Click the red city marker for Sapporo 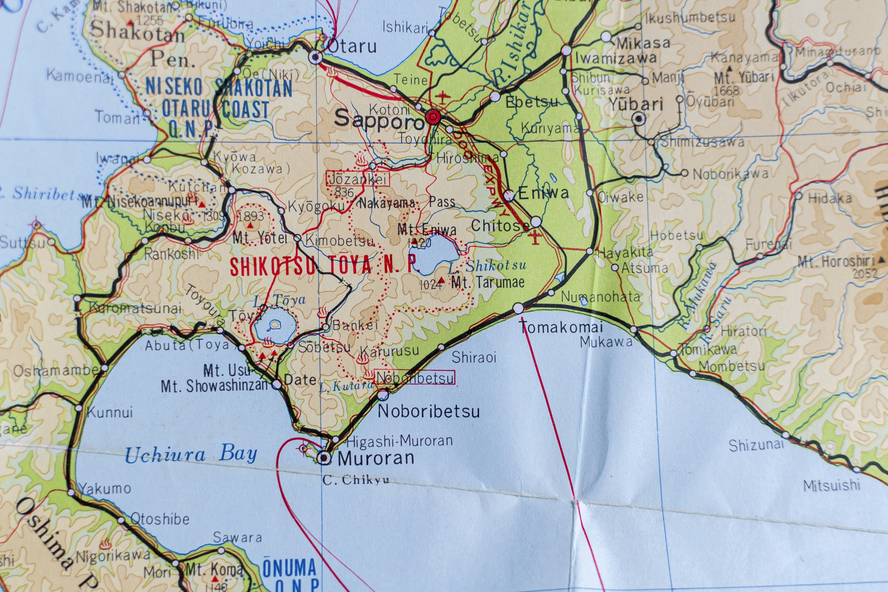433,117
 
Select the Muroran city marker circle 324,458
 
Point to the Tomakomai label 561,327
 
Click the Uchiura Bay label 191,454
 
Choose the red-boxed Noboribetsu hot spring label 415,377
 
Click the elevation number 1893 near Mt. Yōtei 251,216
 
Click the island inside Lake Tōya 275,324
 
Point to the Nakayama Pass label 407,203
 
